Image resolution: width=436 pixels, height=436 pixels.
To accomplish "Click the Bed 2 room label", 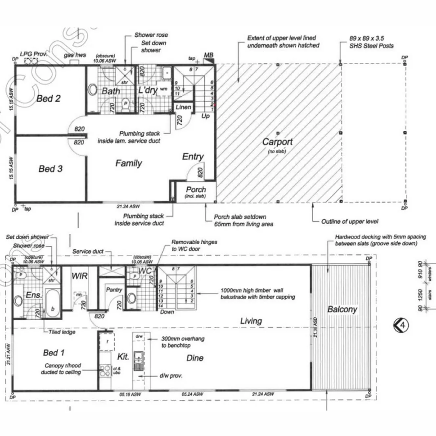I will tap(48, 98).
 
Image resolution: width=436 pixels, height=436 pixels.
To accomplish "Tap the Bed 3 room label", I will tap(50, 168).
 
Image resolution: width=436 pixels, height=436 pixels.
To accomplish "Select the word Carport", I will tap(277, 142).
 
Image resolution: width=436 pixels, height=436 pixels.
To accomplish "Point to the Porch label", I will tap(196, 190).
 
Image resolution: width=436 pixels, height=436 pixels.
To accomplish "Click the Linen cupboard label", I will tap(183, 107).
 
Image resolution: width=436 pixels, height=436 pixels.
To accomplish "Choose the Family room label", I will tap(128, 163).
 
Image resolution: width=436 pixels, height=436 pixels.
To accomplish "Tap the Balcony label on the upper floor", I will tap(342, 310).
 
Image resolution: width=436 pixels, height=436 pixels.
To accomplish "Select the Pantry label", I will tap(114, 290).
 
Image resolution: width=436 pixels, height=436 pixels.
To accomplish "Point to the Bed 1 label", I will tap(54, 353).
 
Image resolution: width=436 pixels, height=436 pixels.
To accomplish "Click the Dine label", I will tap(195, 358).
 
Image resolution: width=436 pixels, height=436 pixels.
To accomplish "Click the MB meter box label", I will tap(209, 55).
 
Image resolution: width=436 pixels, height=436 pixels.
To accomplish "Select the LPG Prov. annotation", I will tap(34, 54).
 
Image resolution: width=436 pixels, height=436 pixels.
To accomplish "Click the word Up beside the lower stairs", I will tap(205, 116).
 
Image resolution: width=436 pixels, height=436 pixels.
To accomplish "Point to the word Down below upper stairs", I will tap(167, 312).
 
